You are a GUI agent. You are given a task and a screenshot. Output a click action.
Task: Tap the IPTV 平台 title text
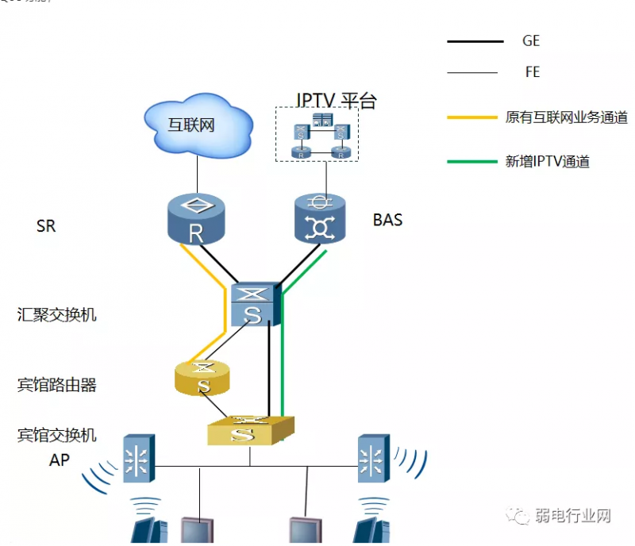[x=336, y=101]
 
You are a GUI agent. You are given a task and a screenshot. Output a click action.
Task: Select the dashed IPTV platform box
[x=317, y=135]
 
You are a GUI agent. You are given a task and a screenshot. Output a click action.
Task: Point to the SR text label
[x=46, y=226]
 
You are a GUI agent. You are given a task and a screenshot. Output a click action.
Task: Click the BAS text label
[x=387, y=220]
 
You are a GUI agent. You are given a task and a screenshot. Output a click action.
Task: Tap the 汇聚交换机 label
[x=57, y=314]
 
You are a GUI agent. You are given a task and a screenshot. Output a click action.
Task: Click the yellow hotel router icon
[x=203, y=378]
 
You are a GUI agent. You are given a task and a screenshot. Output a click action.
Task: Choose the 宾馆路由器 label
[x=57, y=386]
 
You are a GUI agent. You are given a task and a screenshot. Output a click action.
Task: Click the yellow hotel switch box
[x=249, y=432]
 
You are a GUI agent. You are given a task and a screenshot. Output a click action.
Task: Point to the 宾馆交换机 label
[x=57, y=435]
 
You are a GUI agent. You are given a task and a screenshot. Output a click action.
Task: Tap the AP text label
[x=60, y=459]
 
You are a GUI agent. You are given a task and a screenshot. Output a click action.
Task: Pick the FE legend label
[x=532, y=72]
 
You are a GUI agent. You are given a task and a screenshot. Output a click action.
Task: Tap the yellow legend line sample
[x=475, y=117]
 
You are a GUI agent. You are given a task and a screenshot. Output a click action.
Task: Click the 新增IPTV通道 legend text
[x=548, y=162]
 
